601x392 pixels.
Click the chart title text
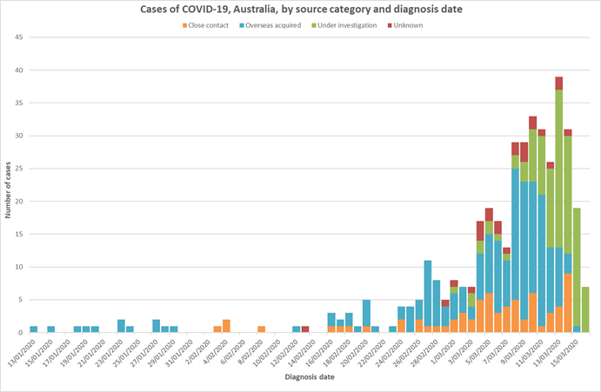(x=299, y=10)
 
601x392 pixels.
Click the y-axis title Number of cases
(x=8, y=183)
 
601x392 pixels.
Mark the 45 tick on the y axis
(x=18, y=37)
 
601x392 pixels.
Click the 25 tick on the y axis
(x=18, y=169)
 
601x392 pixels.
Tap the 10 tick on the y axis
(x=18, y=267)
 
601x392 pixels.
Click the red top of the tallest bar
(x=559, y=83)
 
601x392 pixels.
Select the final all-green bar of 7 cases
(x=585, y=309)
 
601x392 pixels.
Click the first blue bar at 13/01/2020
(x=34, y=329)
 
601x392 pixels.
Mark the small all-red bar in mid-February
(x=305, y=329)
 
